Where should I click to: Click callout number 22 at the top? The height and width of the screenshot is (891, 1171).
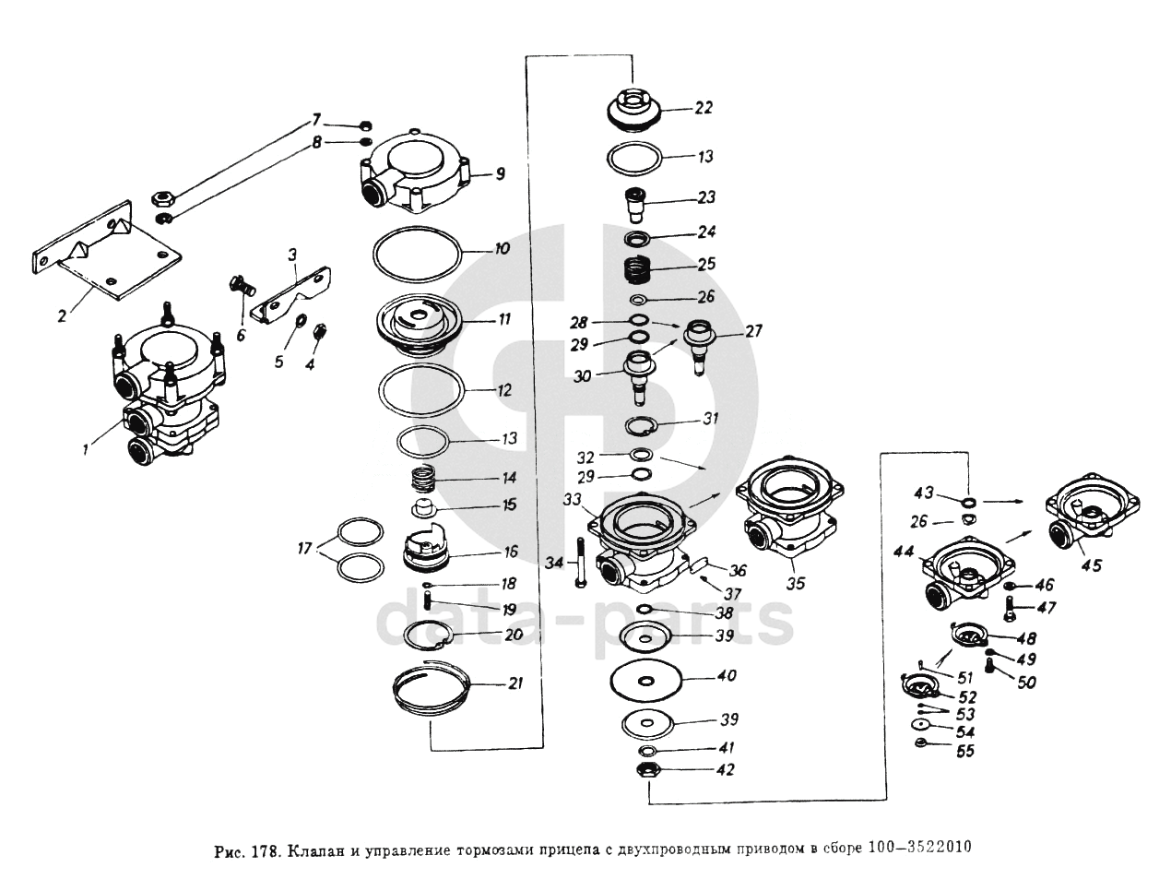pos(704,108)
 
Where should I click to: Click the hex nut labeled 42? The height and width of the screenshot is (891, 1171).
pos(646,768)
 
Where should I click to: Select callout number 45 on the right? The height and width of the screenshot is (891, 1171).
pos(1091,565)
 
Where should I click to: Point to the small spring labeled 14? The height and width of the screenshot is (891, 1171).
pos(422,479)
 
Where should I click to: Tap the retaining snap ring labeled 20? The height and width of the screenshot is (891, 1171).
pos(429,636)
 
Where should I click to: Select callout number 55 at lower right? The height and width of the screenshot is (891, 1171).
pos(964,752)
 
